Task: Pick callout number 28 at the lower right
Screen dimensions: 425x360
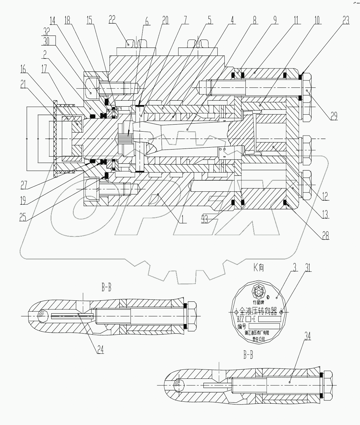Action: [325, 235]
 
